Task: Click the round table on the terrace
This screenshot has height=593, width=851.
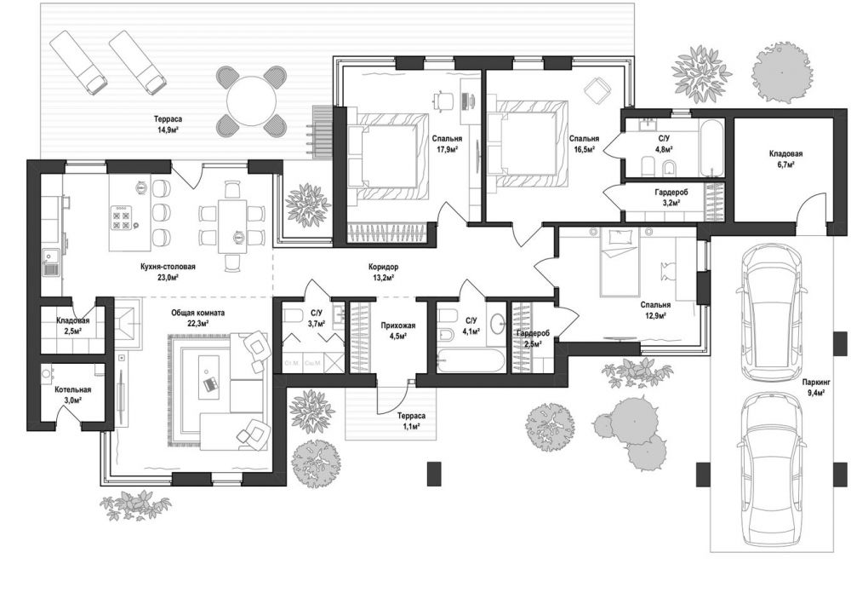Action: click(x=252, y=101)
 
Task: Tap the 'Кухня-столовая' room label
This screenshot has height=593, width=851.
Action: click(x=167, y=267)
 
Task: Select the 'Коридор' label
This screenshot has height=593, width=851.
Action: click(x=383, y=267)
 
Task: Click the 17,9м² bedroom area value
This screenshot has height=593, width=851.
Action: click(x=448, y=148)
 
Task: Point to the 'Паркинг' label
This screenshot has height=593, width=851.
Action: click(x=816, y=382)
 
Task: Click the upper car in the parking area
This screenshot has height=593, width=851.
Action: click(x=771, y=313)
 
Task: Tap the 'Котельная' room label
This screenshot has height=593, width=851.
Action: click(x=72, y=389)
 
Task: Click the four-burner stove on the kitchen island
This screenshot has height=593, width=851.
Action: click(x=121, y=217)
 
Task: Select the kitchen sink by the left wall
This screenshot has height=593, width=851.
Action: click(x=51, y=262)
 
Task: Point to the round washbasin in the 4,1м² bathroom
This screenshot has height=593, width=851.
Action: click(x=498, y=324)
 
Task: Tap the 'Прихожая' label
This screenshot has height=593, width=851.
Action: click(x=397, y=325)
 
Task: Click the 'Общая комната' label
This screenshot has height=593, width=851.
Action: click(x=198, y=313)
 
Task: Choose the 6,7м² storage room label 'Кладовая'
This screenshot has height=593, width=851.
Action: click(x=785, y=154)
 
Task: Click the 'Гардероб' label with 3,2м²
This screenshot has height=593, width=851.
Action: click(x=671, y=193)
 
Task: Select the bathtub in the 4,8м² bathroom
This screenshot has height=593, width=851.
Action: click(x=711, y=148)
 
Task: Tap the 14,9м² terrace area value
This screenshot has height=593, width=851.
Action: click(x=168, y=130)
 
